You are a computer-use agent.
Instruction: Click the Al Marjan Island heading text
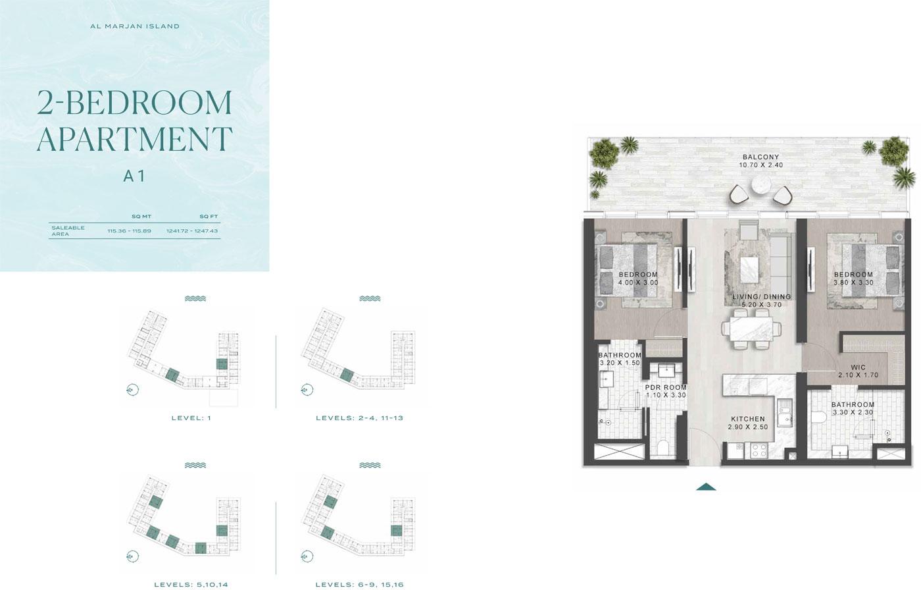135,26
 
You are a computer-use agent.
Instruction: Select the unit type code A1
134,176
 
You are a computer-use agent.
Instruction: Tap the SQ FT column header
209,217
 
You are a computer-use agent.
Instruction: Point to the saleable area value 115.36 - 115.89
130,231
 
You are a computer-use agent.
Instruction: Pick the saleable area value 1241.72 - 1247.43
192,231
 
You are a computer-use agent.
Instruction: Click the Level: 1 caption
191,418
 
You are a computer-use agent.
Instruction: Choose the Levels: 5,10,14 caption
191,585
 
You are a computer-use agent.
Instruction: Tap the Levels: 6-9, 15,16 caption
360,585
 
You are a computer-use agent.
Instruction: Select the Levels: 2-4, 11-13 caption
360,418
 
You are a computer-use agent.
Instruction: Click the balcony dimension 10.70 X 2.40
761,165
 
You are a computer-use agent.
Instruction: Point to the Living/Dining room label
762,296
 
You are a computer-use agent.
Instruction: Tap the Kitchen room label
748,419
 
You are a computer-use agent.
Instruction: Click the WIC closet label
859,367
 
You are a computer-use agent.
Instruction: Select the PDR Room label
666,388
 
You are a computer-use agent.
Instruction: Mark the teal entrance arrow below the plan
707,487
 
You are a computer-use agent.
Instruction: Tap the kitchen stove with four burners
760,450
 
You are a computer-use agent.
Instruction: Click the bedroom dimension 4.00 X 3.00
638,282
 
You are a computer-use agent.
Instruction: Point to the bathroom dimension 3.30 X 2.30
853,412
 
